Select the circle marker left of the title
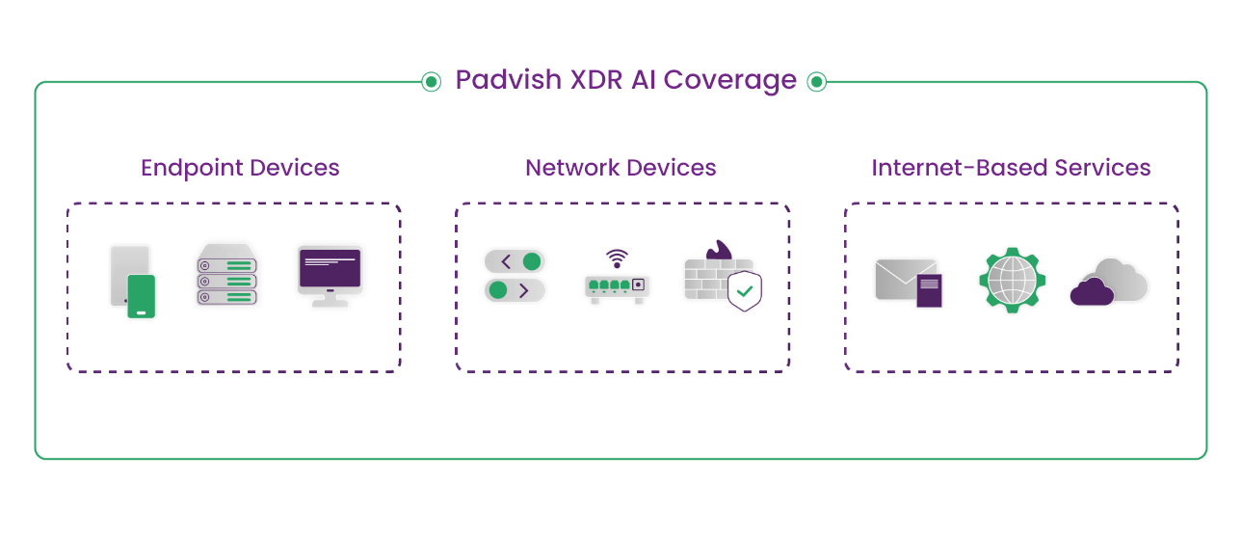[432, 82]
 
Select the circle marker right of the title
[816, 82]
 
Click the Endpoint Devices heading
[240, 168]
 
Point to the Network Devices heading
[621, 168]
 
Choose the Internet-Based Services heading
[1011, 168]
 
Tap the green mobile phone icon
[142, 296]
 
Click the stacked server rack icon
[227, 276]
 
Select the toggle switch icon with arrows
[515, 276]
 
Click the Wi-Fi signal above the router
[617, 257]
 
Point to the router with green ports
[617, 287]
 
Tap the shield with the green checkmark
[744, 290]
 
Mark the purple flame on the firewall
[718, 252]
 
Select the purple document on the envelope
[930, 290]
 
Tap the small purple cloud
[1092, 291]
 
